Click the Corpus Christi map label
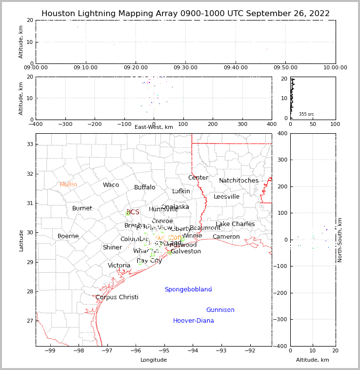[117, 297]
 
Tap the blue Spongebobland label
[188, 289]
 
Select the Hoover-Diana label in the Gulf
[193, 321]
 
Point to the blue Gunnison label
[220, 310]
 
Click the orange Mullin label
[68, 185]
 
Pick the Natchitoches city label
[239, 181]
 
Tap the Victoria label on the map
[119, 266]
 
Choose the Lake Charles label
[235, 224]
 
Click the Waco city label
[111, 185]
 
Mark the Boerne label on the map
[68, 236]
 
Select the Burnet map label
[82, 208]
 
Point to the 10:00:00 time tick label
[335, 68]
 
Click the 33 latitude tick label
[29, 144]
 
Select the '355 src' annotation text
[306, 114]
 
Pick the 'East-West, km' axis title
[154, 127]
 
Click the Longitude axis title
[154, 360]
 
